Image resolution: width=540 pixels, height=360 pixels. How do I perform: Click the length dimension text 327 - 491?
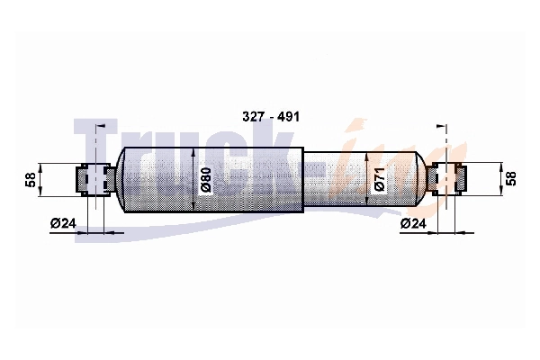coord(271,117)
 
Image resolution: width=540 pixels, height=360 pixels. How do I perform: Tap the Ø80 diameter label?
coord(205,180)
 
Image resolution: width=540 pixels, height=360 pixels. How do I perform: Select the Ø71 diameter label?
coord(379,180)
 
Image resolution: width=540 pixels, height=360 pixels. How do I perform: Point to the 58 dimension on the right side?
coord(511,179)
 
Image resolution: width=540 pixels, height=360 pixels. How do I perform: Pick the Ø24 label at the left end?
coord(63,223)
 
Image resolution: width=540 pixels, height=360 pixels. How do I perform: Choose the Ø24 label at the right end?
coord(413,223)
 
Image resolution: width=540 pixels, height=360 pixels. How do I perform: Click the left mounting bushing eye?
coord(95,179)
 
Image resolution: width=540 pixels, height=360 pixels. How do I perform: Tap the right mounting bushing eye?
coord(446,179)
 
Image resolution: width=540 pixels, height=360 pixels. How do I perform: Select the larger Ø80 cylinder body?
coord(213,179)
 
